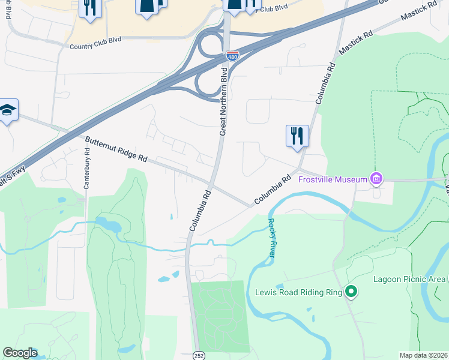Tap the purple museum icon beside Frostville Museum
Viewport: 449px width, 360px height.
pos(376,179)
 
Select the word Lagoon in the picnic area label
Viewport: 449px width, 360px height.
pos(390,279)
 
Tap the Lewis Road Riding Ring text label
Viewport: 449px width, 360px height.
pos(298,293)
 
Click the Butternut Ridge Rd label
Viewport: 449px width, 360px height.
pos(116,150)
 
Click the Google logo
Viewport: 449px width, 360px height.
pos(20,353)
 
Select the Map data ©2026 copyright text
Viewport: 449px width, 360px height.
pos(424,355)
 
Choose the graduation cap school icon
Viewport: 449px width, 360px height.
pos(8,110)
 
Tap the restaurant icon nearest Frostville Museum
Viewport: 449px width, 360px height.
pos(297,136)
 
